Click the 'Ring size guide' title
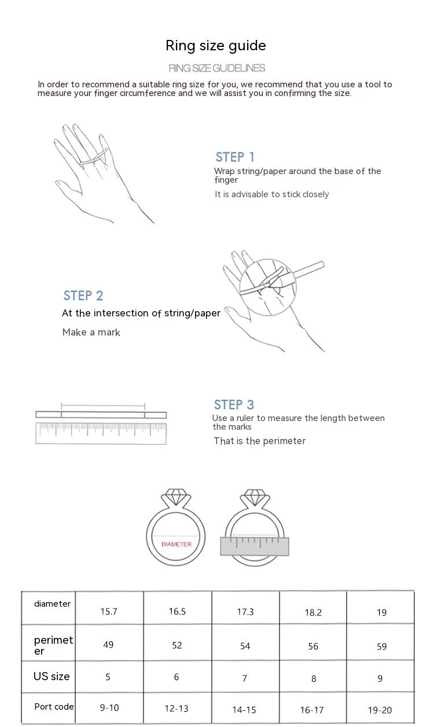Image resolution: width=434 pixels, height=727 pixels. coord(216,46)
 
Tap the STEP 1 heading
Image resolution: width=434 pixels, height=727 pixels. coord(235,157)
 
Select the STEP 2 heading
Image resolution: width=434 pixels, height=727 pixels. coord(83,296)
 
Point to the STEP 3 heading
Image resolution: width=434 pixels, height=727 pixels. coord(234,405)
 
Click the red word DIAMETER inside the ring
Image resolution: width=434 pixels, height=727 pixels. coord(176,544)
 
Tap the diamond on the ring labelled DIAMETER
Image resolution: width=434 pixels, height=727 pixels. coord(175,497)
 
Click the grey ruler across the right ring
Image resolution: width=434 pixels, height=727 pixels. coord(255,546)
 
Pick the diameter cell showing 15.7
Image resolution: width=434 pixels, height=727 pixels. coord(109,611)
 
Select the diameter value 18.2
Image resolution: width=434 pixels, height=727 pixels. coord(313,612)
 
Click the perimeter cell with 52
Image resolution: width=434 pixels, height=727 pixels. coord(177,645)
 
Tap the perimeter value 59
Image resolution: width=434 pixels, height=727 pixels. coord(382,646)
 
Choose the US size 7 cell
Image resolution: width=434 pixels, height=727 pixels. coord(245,678)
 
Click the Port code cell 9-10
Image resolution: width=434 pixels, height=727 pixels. coord(109,707)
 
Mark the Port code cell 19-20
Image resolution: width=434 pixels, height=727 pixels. coord(380,710)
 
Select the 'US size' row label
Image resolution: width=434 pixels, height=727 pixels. coord(52,676)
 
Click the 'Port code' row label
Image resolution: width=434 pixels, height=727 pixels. coord(54,707)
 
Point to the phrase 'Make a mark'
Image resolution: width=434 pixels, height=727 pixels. coord(91,333)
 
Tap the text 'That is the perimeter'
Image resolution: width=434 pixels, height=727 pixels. coord(260,441)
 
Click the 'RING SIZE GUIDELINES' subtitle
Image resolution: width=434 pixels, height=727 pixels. coord(217,68)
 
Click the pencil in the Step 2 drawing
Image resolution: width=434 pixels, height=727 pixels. coord(297,275)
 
